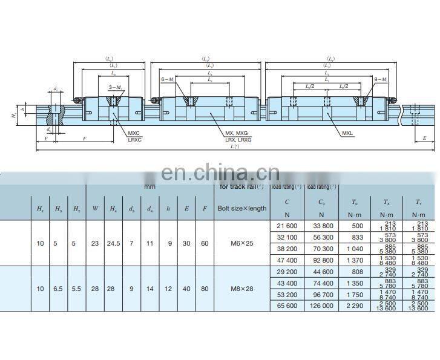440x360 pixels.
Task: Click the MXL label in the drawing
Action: click(347, 133)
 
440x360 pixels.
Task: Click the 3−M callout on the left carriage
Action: click(114, 88)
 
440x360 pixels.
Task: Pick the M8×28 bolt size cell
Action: click(240, 289)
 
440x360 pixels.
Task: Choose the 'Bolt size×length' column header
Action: click(241, 209)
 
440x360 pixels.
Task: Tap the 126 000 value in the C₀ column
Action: click(321, 306)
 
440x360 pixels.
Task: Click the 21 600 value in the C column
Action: click(287, 226)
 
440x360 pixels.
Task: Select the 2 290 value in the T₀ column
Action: click(357, 306)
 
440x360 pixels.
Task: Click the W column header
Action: click(95, 209)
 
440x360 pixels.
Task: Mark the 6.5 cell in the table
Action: click(58, 289)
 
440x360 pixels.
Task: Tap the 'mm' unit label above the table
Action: click(149, 186)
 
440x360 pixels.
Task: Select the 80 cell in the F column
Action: click(205, 289)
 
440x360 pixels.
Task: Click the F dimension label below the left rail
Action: click(67, 139)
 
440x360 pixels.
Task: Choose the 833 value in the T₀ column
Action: click(357, 237)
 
